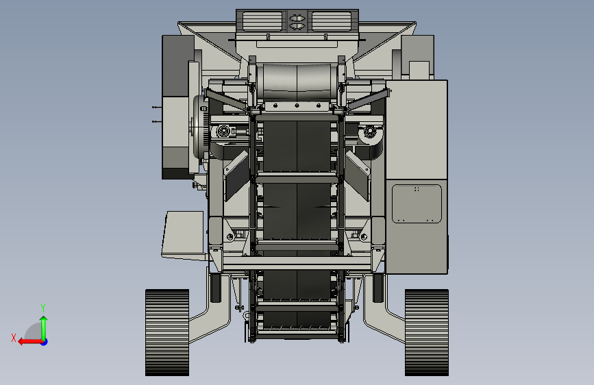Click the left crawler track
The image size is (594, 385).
(167, 333)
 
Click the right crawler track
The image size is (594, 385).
(427, 333)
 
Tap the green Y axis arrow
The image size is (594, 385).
(44, 328)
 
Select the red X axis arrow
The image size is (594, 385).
(30, 342)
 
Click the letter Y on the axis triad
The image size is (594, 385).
(43, 308)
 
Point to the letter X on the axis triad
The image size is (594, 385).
(14, 338)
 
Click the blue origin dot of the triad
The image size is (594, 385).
(45, 342)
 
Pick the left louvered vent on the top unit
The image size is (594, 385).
(262, 21)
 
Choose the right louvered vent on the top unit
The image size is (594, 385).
(331, 21)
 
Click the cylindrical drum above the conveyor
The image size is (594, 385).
(297, 82)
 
